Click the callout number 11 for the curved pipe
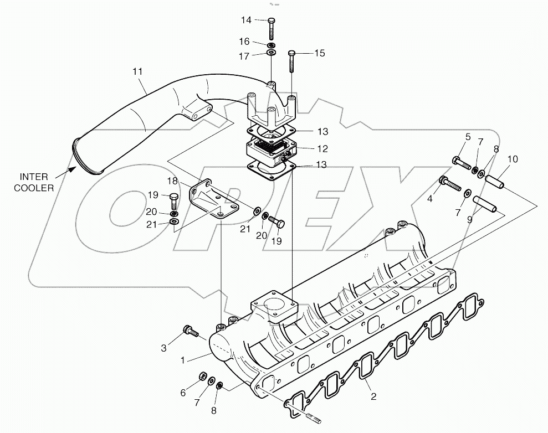coord(137,71)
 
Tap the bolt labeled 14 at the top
coord(271,27)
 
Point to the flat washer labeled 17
coord(272,53)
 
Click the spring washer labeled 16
coord(271,44)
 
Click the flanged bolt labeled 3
coord(190,331)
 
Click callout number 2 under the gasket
coord(373,396)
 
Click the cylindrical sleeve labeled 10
coord(496,181)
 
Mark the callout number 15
coord(319,53)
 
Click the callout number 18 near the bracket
coord(172,181)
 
